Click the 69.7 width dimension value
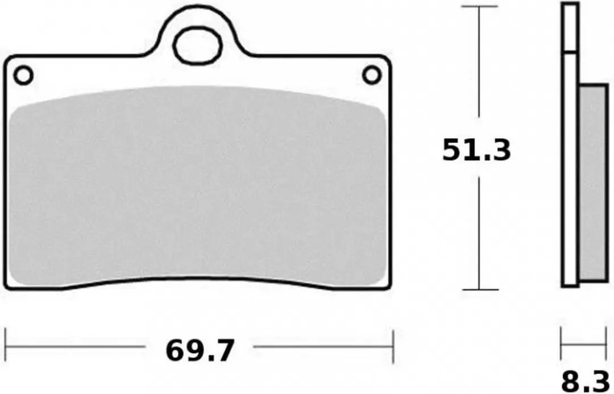click(200, 351)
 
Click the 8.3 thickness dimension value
click(584, 382)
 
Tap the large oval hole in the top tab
click(198, 45)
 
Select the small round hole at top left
click(23, 76)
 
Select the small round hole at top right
click(372, 75)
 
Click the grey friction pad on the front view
click(197, 186)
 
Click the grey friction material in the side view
click(593, 183)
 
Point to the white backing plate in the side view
click(570, 169)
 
